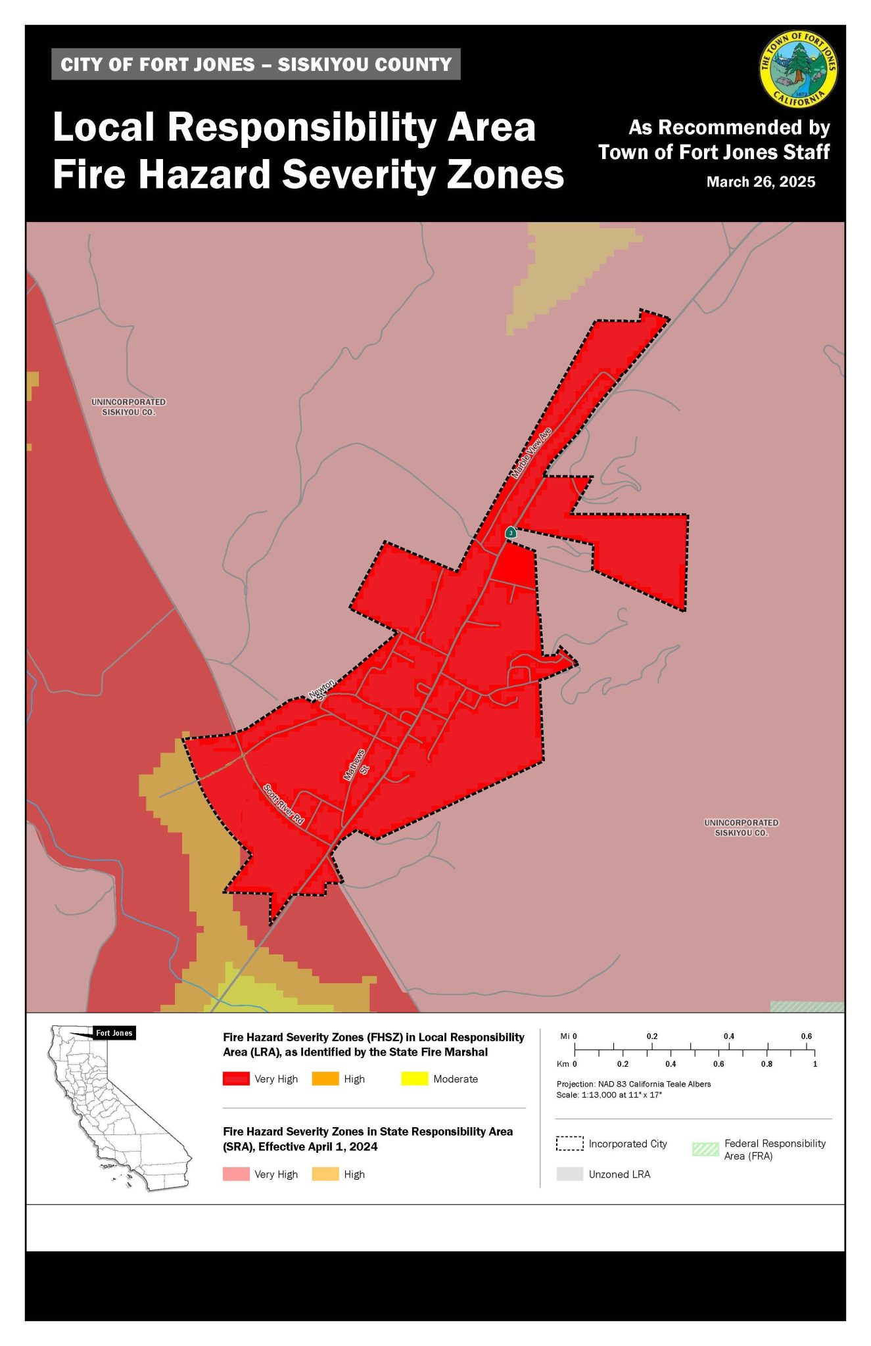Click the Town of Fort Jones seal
tap(798, 70)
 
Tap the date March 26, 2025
tap(761, 182)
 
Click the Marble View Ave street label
tap(531, 453)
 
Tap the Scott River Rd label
tap(283, 804)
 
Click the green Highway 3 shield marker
tap(511, 532)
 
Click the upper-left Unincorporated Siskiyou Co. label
tap(128, 407)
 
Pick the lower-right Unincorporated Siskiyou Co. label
tap(741, 827)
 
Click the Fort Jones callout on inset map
tap(114, 1033)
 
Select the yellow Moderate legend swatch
tap(414, 1079)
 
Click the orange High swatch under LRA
tap(325, 1079)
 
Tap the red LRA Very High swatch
tap(236, 1079)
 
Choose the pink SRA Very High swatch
tap(236, 1174)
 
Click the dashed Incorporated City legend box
tap(569, 1144)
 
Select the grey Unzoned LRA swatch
tap(569, 1174)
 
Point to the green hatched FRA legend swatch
tap(705, 1149)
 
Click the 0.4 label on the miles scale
tap(728, 1036)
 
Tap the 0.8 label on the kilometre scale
tap(766, 1063)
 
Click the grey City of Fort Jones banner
tap(256, 64)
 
